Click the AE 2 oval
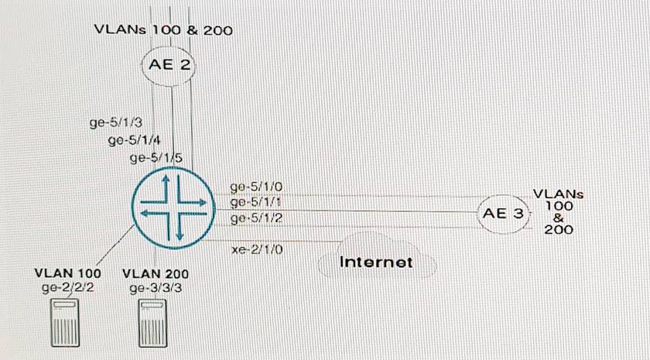click(x=169, y=65)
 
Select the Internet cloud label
click(x=376, y=262)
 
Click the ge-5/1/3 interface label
click(x=117, y=122)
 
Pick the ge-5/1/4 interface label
click(x=134, y=140)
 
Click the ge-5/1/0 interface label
click(x=256, y=187)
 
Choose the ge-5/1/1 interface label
click(x=256, y=203)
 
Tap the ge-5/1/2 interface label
click(x=256, y=219)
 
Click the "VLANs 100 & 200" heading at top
click(x=163, y=30)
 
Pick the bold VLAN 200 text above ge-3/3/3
click(x=155, y=274)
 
